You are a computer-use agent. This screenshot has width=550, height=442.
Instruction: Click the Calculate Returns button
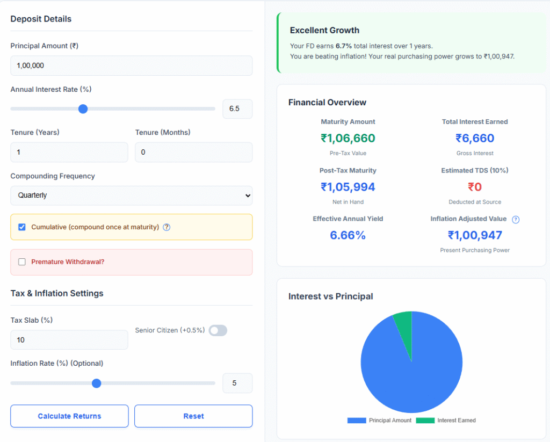69,416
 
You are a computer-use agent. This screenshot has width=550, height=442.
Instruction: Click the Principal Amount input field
131,66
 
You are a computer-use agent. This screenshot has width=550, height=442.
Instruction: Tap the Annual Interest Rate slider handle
83,109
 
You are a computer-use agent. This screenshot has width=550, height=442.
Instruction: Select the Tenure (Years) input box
69,153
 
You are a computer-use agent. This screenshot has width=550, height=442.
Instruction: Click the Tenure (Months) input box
193,153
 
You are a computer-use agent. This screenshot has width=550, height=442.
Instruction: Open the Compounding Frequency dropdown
131,195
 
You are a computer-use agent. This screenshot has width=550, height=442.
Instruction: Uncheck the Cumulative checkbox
22,227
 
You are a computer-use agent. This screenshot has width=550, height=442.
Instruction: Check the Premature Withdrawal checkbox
22,262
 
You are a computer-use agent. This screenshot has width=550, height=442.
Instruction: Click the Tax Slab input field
69,340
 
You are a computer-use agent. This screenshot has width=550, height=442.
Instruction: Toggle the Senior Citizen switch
218,331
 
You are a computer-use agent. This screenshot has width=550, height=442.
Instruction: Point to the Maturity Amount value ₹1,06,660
348,139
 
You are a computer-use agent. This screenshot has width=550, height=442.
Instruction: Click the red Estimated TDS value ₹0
475,187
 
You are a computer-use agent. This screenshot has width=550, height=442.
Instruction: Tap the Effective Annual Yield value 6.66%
348,235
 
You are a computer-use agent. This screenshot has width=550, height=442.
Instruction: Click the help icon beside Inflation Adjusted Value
516,220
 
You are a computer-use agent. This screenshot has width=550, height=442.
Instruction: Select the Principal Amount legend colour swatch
357,421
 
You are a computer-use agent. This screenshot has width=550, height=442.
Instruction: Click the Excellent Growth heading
324,31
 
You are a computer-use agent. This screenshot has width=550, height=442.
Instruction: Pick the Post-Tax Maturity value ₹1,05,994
348,187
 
